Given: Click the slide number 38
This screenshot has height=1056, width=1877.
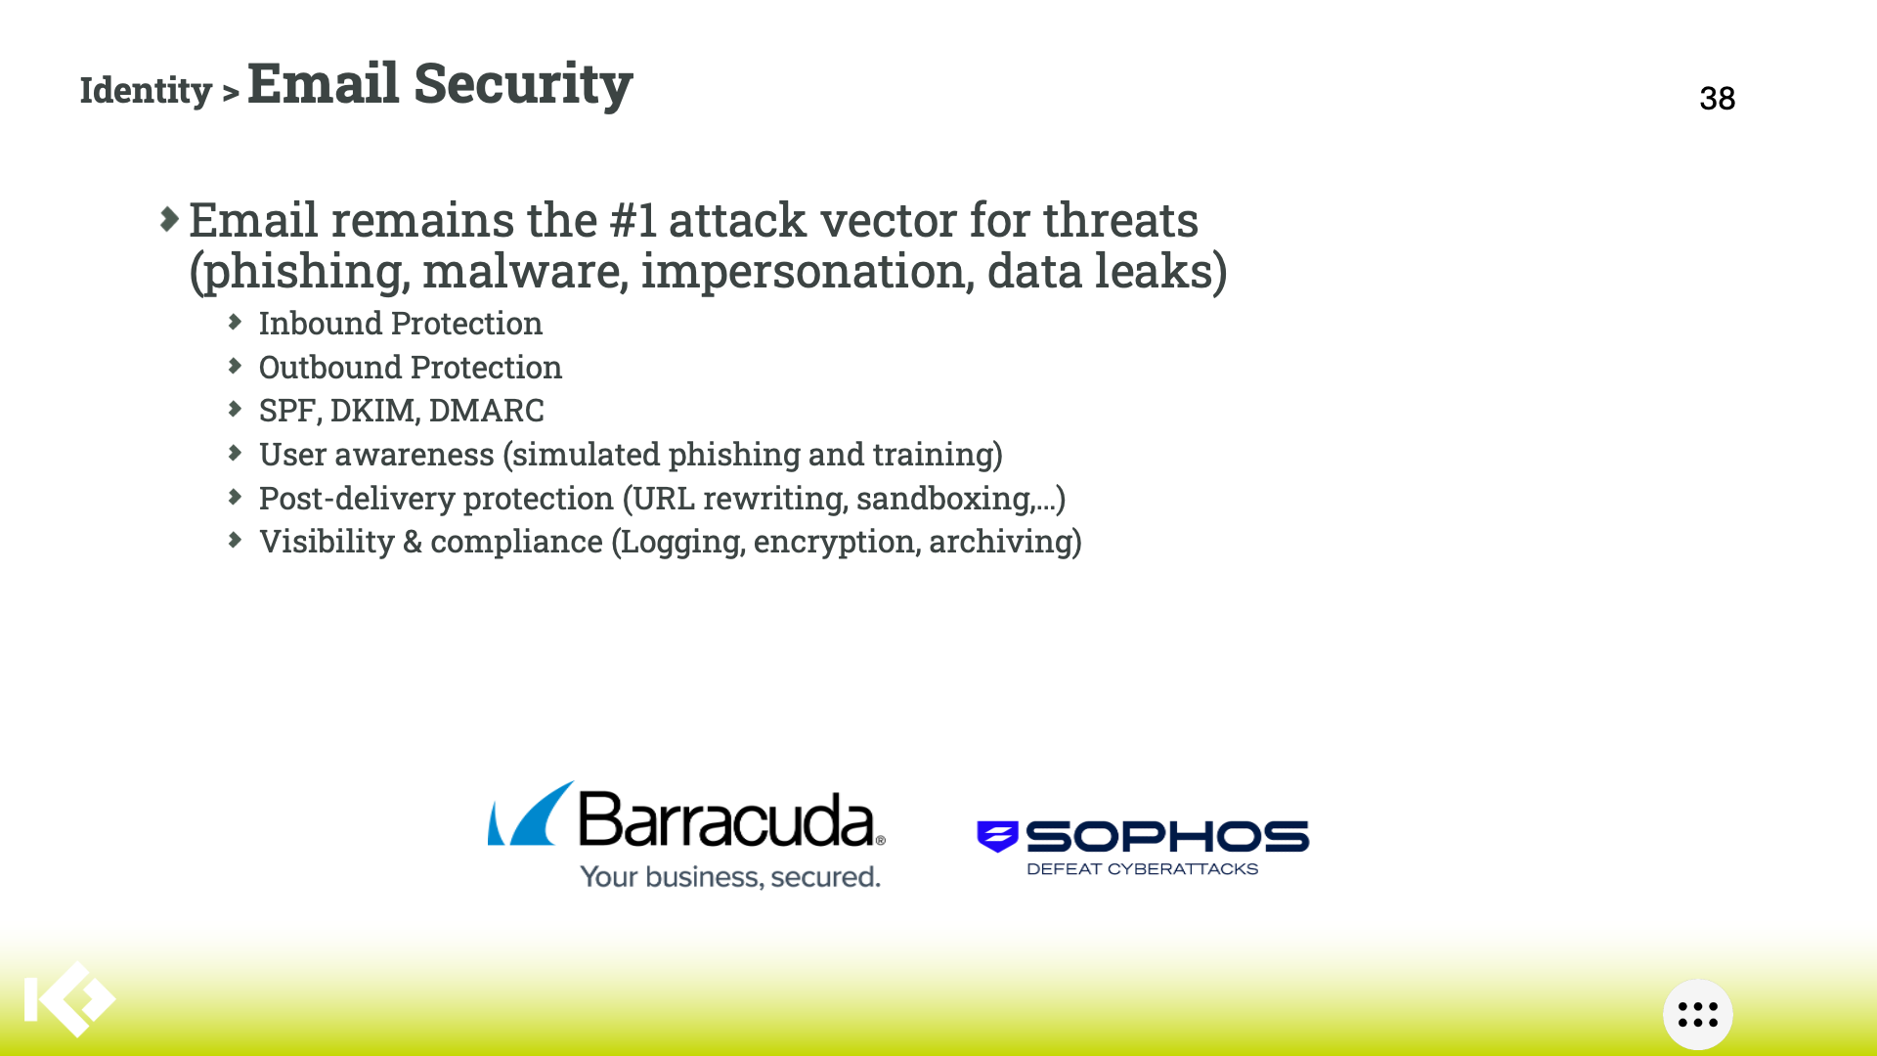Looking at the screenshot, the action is tap(1718, 98).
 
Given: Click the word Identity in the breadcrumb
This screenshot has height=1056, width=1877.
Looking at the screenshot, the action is tap(146, 91).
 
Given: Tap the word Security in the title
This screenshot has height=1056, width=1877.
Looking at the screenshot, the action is tap(523, 84).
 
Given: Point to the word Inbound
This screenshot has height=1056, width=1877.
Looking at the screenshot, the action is tap(320, 323).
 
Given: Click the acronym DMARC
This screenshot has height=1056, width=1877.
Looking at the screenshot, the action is tap(486, 411).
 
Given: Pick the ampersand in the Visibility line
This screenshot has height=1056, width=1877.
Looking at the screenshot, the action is tap(413, 542).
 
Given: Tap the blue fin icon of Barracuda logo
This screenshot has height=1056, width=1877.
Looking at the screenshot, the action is tap(531, 814).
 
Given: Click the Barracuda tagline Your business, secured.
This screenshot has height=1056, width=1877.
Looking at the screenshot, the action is tap(730, 876).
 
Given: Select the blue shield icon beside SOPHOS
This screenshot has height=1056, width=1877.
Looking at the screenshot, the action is tap(997, 836).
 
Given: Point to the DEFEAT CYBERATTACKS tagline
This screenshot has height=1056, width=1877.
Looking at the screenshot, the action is tap(1142, 868).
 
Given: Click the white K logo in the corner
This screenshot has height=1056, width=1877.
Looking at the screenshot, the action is tap(69, 999).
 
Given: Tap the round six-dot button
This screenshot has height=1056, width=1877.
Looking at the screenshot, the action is tap(1698, 1015).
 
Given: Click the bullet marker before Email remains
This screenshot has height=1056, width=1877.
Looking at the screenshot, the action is tap(169, 219).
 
